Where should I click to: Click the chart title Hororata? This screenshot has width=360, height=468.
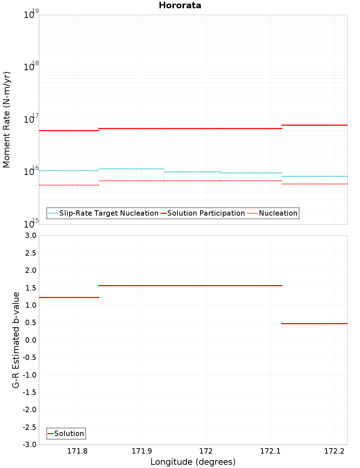click(180, 5)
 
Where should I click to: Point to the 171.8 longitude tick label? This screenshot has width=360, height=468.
click(77, 451)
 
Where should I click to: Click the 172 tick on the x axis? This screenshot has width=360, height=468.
click(206, 451)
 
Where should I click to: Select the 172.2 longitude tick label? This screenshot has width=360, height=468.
click(334, 451)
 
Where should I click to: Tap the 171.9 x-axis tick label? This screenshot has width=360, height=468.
click(141, 451)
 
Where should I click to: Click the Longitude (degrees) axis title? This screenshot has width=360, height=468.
click(193, 462)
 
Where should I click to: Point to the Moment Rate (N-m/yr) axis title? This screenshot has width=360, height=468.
click(6, 120)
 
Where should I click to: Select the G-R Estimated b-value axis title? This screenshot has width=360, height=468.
click(16, 340)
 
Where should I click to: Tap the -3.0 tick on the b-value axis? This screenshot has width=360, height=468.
click(30, 445)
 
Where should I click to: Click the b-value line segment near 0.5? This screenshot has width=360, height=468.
click(314, 324)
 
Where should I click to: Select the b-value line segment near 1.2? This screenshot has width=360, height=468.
click(69, 297)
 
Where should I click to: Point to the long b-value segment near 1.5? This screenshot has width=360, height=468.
click(190, 285)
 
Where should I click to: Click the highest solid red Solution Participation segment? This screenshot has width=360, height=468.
click(314, 125)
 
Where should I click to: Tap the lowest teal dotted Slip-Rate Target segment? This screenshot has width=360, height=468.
click(314, 176)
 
